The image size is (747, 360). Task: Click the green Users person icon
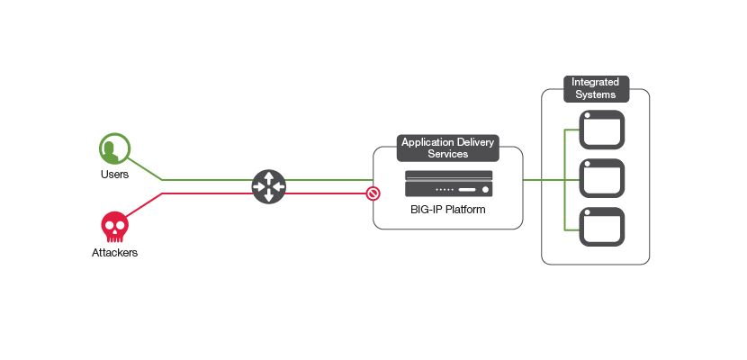click(114, 148)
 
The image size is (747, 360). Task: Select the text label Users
click(114, 174)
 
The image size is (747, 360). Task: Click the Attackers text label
click(114, 253)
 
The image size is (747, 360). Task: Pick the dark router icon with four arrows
click(268, 186)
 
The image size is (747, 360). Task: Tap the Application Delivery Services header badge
click(448, 148)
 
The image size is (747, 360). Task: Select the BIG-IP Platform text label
click(448, 212)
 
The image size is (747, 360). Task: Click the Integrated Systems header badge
click(594, 88)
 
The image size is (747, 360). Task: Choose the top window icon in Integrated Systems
click(601, 130)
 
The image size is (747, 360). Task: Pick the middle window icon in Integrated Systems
click(601, 178)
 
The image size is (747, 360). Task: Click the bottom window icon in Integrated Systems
click(601, 227)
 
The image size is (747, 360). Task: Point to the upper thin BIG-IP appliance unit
click(448, 175)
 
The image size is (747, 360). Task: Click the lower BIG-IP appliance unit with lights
click(448, 190)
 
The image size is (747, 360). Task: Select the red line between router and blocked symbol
click(324, 193)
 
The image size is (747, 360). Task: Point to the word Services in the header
click(448, 155)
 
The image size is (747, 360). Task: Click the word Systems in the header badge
click(594, 94)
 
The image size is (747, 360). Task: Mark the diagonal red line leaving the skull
click(144, 204)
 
